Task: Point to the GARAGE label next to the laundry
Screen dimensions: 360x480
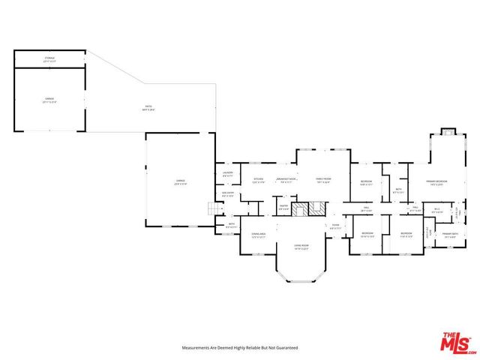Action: pos(180,181)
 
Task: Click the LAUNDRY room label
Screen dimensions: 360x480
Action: pos(228,174)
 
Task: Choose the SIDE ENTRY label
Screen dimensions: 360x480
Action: pos(228,195)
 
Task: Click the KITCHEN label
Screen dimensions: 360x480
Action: pos(258,180)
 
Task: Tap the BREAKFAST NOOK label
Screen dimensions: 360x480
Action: pos(286,180)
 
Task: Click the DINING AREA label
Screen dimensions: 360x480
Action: pos(259,236)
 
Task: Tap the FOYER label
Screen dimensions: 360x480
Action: pos(335,226)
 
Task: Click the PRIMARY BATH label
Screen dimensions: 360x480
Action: pos(450,235)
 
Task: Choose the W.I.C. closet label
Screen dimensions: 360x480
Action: pos(435,210)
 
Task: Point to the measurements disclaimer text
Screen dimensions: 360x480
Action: pos(240,348)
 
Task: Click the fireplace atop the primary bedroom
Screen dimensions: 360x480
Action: pos(448,133)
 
